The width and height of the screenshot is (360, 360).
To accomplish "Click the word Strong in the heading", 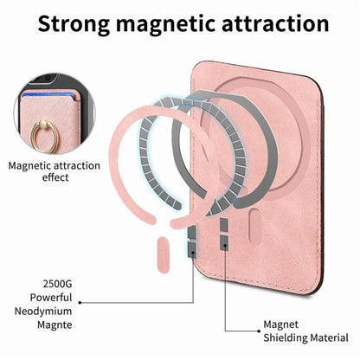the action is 74,24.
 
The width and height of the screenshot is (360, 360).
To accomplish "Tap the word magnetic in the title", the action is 165,23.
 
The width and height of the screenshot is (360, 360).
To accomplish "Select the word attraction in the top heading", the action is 275,23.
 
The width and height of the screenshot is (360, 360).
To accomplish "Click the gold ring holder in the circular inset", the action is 44,135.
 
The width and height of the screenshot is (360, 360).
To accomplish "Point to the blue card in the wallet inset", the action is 48,94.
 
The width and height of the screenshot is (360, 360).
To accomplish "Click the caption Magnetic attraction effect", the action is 55,171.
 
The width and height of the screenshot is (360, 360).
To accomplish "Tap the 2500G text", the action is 57,284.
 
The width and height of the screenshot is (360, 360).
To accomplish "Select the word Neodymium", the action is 43,311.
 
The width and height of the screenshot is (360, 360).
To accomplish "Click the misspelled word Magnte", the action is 55,325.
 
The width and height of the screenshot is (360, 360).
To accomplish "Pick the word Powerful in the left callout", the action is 51,298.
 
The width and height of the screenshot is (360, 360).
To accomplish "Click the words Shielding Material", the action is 305,337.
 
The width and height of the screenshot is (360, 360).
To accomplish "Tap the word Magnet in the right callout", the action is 280,325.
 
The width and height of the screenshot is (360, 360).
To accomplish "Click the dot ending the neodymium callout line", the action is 80,303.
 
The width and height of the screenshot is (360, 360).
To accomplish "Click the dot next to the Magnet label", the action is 259,331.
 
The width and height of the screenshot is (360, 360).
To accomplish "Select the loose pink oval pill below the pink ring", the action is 164,255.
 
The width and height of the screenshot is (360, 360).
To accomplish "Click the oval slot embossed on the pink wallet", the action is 255,227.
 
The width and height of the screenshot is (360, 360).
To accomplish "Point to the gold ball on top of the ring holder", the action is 43,123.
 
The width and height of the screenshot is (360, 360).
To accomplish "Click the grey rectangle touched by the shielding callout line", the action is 224,242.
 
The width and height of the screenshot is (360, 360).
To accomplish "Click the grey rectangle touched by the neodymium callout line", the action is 192,249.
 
